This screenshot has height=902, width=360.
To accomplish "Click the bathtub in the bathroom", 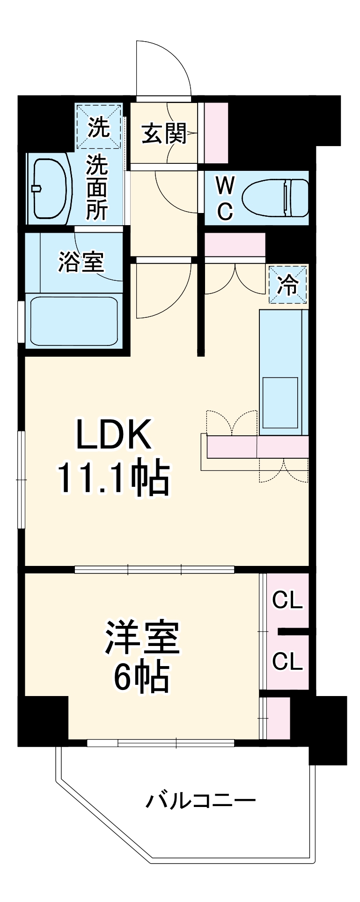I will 74,321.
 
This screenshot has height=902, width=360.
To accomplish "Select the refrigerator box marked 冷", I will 287,285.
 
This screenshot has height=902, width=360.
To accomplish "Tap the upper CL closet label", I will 287,601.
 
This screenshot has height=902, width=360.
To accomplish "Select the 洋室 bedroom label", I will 141,638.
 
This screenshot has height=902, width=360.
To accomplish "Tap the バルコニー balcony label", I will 200,801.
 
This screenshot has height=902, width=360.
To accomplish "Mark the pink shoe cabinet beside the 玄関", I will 216,132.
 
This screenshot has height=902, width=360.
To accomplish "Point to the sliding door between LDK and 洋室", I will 154,570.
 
